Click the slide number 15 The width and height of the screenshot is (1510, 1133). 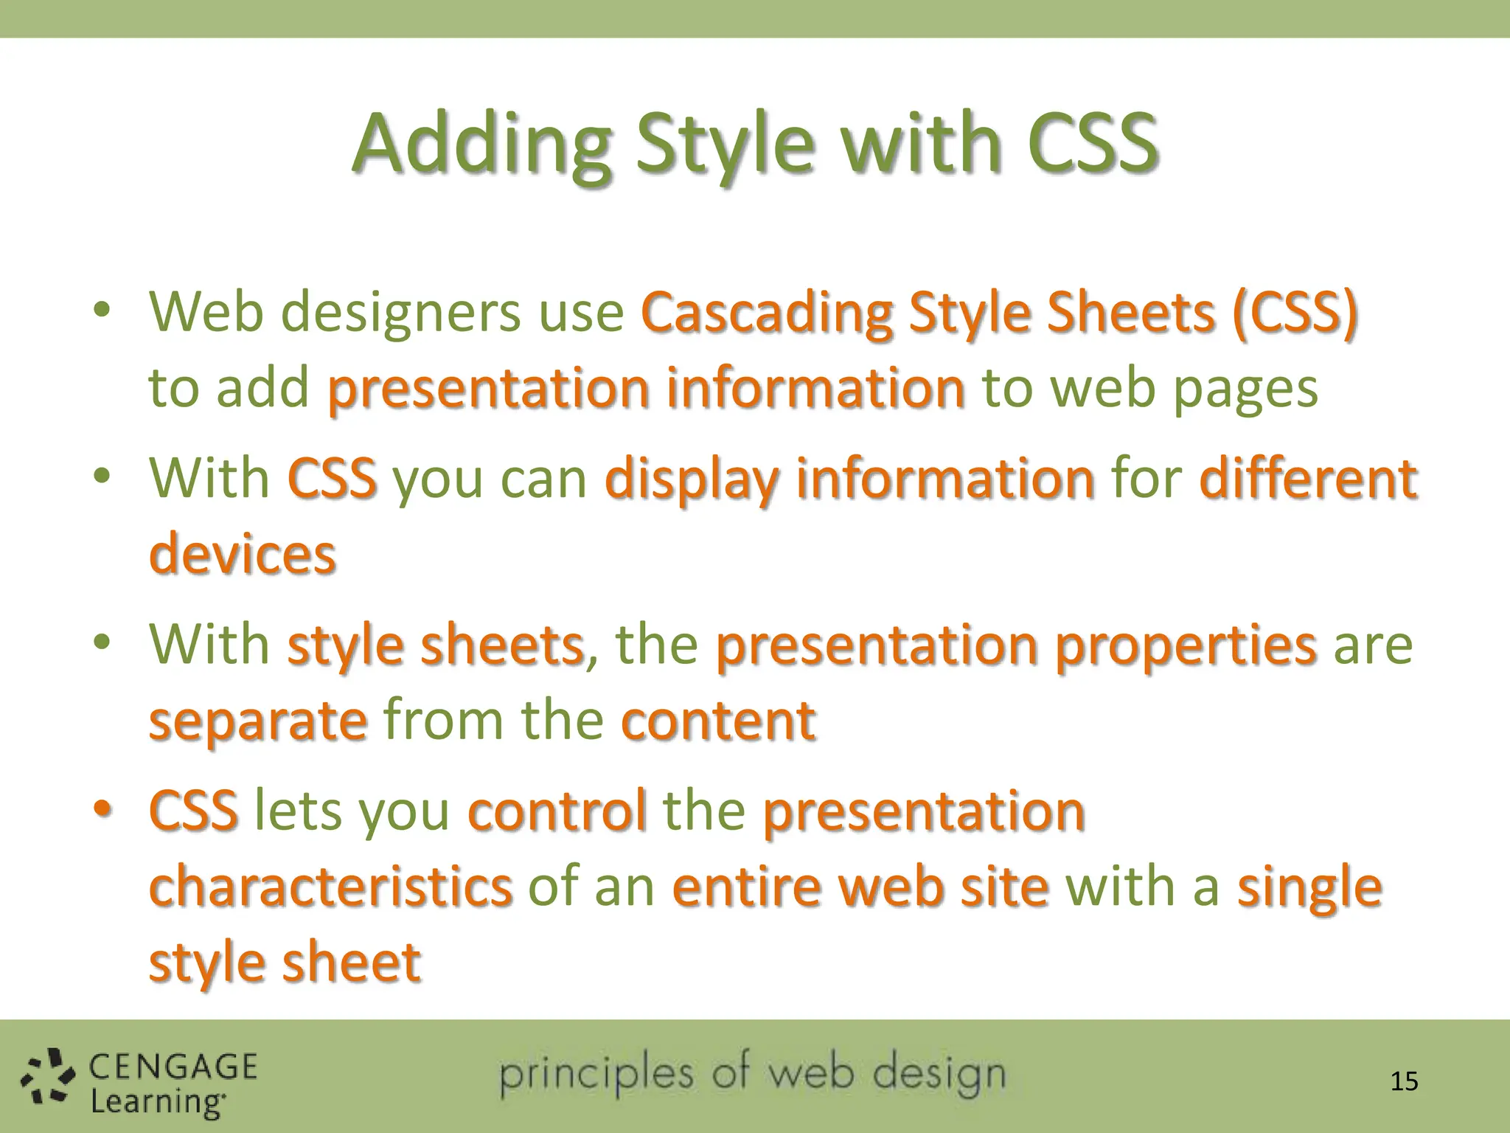pyautogui.click(x=1404, y=1081)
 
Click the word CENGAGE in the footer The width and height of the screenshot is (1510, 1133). pyautogui.click(x=173, y=1067)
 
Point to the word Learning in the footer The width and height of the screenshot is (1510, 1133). pyautogui.click(x=157, y=1101)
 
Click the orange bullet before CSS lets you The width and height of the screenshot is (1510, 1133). pyautogui.click(x=102, y=809)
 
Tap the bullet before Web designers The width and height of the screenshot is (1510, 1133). pyautogui.click(x=102, y=310)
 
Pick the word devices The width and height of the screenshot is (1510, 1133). pyautogui.click(x=243, y=555)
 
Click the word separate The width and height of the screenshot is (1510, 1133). pyautogui.click(x=258, y=721)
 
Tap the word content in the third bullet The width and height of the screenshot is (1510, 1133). pyautogui.click(x=718, y=720)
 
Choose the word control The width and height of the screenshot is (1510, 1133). pyautogui.click(x=557, y=811)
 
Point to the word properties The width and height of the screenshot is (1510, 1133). pyautogui.click(x=1186, y=645)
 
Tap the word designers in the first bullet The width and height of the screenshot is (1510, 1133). pyautogui.click(x=401, y=313)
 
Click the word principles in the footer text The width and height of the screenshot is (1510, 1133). pyautogui.click(x=596, y=1075)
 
